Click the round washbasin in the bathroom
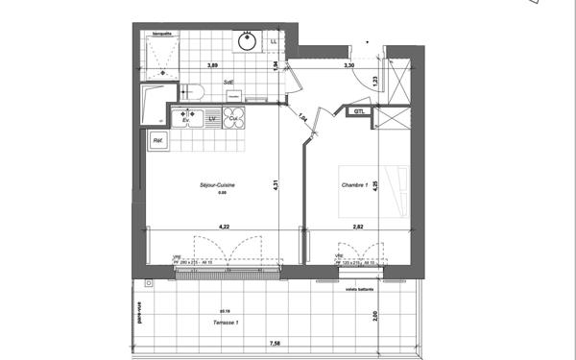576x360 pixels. [248, 41]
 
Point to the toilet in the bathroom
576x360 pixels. [191, 90]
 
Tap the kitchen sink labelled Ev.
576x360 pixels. [185, 118]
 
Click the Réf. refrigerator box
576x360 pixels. [156, 142]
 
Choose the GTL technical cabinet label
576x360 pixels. [358, 112]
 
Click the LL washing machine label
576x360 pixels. [275, 42]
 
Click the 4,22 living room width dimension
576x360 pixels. [224, 227]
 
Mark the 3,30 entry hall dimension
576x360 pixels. [350, 65]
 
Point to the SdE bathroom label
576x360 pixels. [230, 84]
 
